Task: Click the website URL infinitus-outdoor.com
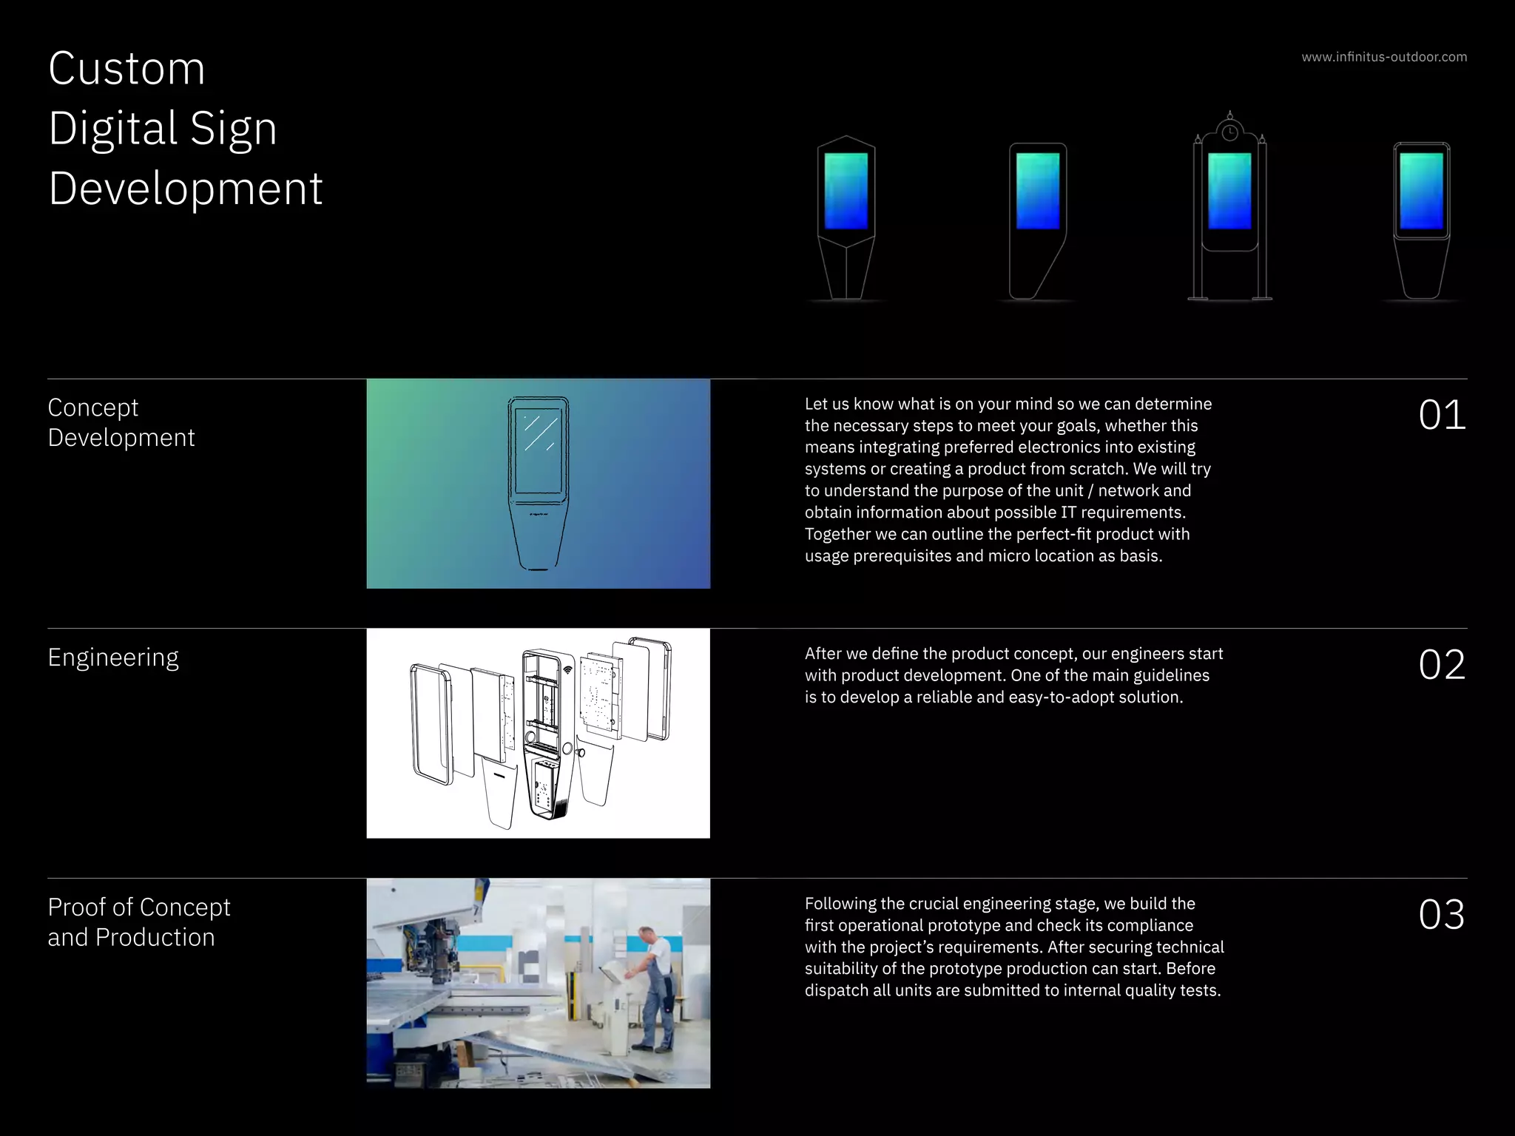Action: click(x=1384, y=57)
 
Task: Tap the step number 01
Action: click(x=1441, y=415)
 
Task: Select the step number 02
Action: click(x=1441, y=665)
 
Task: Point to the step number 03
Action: click(x=1441, y=915)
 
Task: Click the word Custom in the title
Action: click(x=126, y=69)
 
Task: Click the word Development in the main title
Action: click(x=185, y=189)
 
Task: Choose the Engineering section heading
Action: click(x=113, y=657)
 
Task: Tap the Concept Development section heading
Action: click(x=121, y=422)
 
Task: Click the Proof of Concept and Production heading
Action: click(x=138, y=922)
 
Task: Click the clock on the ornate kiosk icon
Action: click(x=1229, y=133)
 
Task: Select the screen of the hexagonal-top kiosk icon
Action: click(x=846, y=191)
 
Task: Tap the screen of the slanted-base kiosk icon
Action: click(x=1037, y=191)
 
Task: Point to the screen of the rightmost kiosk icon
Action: click(x=1421, y=191)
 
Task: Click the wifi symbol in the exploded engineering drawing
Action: click(x=567, y=670)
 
